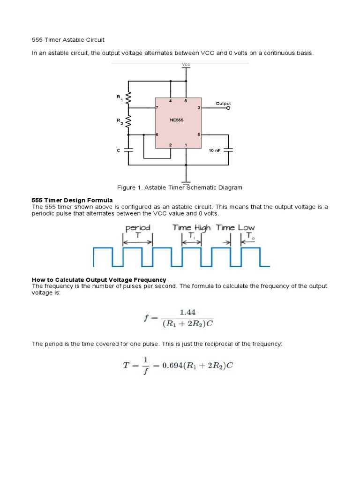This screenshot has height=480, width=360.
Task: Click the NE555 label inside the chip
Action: click(176, 120)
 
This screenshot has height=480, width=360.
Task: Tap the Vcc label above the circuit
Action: click(186, 65)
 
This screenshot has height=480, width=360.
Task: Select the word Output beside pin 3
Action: click(223, 103)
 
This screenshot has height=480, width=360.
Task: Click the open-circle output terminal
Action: click(228, 108)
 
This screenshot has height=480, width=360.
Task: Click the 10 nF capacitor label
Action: click(214, 150)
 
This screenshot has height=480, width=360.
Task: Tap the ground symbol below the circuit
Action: click(186, 181)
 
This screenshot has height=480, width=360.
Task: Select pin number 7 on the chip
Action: click(157, 108)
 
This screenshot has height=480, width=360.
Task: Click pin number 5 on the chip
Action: click(199, 135)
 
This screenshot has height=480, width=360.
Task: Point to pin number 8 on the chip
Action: click(186, 101)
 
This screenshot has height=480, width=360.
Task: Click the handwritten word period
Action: click(138, 228)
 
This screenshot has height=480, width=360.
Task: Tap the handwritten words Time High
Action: click(191, 227)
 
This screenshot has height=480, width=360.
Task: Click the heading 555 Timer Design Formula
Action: click(72, 200)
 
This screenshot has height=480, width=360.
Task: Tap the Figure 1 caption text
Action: click(180, 187)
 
